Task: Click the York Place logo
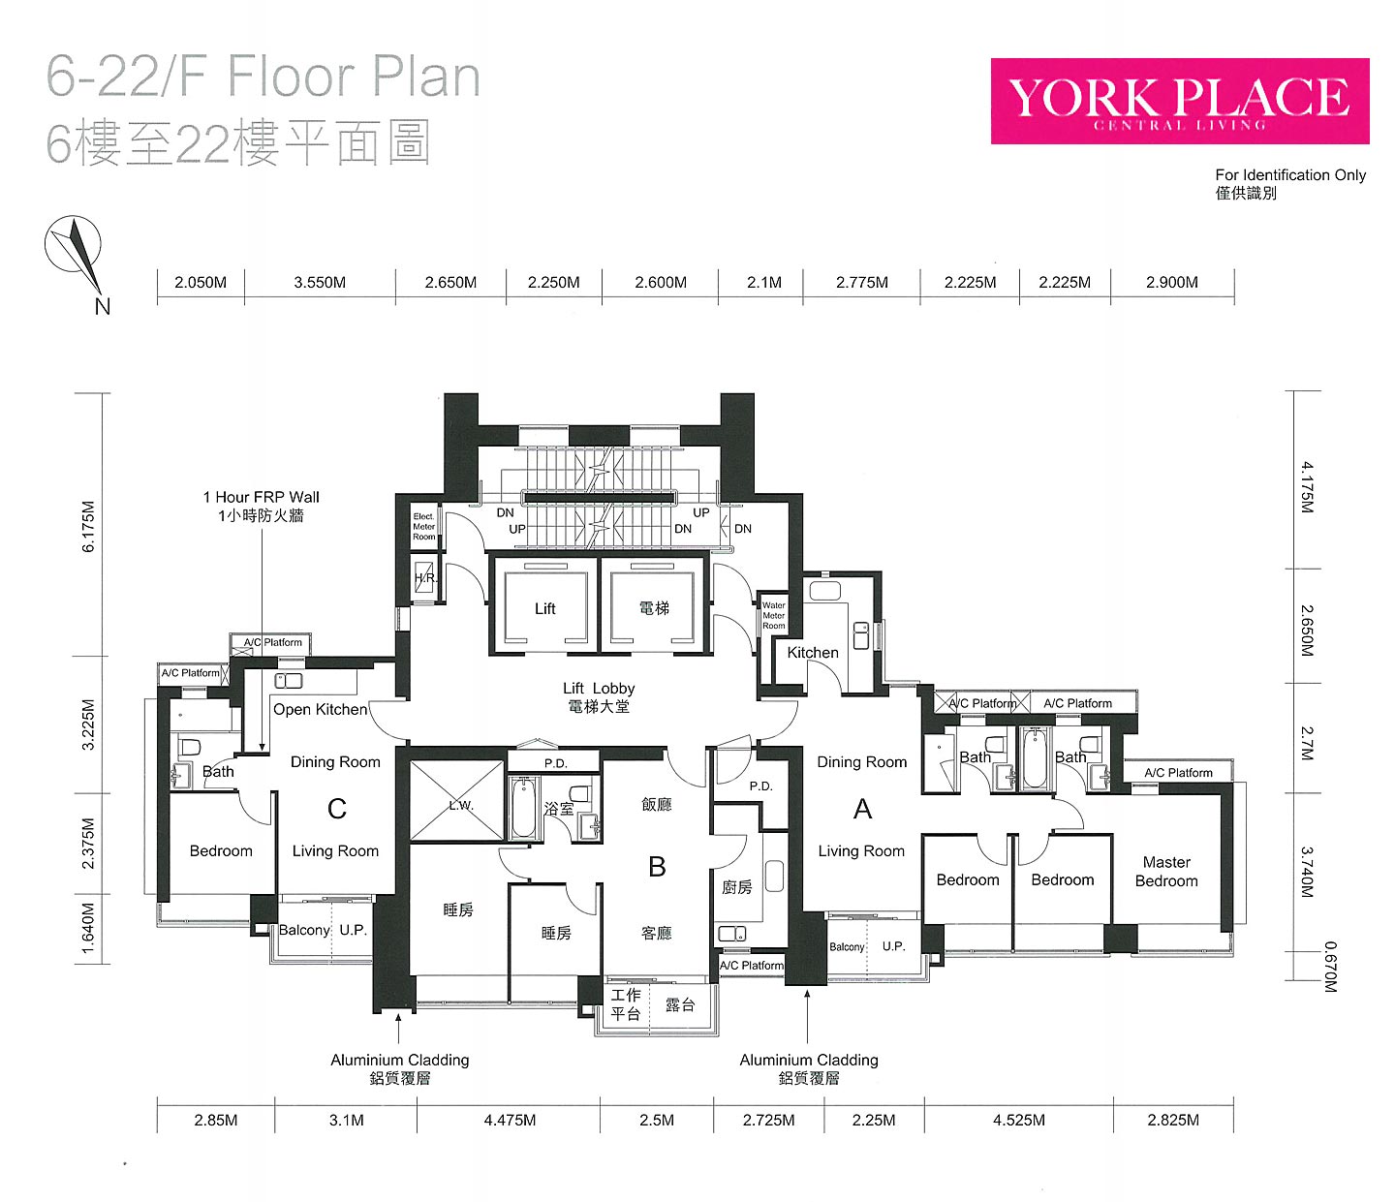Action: point(1179,102)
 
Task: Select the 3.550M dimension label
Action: point(320,282)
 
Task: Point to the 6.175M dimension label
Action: point(88,527)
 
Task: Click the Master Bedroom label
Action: point(1166,872)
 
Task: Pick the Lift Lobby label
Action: point(599,697)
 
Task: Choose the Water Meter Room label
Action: point(773,615)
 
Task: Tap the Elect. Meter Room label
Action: point(424,527)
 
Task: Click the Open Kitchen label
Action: point(320,709)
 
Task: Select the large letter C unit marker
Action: point(337,809)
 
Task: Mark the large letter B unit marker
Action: point(657,867)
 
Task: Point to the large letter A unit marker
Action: point(862,809)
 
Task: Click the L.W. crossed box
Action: point(457,801)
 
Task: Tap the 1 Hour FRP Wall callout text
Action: point(262,507)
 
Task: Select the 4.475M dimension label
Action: point(510,1121)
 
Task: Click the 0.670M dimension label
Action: point(1330,968)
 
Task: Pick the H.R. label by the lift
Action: point(425,577)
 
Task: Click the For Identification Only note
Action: point(1290,184)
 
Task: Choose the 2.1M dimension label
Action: point(764,282)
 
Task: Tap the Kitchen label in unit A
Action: point(813,653)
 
